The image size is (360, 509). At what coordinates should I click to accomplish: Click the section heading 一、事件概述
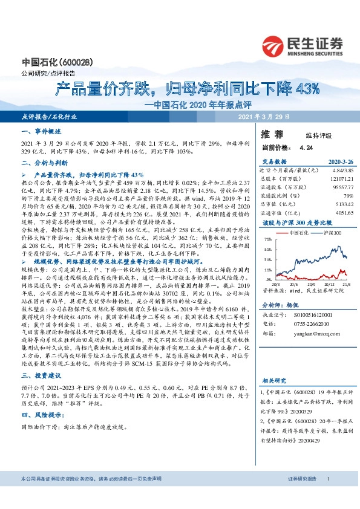(38, 131)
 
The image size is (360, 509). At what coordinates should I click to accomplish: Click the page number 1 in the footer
(328, 496)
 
